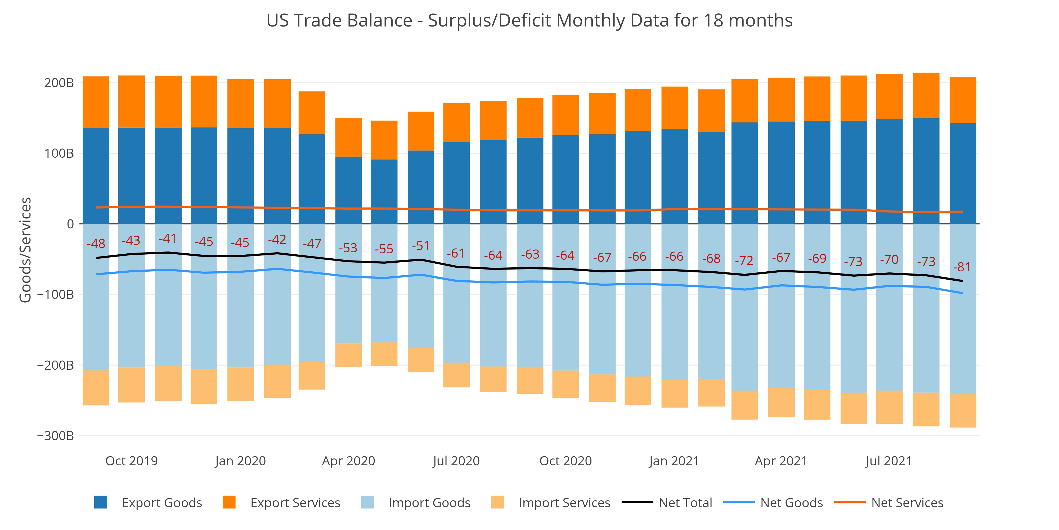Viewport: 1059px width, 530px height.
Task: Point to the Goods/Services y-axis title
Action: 25,250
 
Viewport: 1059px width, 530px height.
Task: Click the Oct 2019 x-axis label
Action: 132,461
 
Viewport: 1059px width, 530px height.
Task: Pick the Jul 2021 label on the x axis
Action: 889,461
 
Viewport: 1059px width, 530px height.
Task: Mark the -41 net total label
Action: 168,239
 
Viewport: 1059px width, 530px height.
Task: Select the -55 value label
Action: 384,249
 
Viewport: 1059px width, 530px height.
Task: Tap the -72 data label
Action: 744,260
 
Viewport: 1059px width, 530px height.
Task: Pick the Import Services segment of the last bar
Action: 963,411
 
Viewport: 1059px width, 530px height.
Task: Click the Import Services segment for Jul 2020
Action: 456,375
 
